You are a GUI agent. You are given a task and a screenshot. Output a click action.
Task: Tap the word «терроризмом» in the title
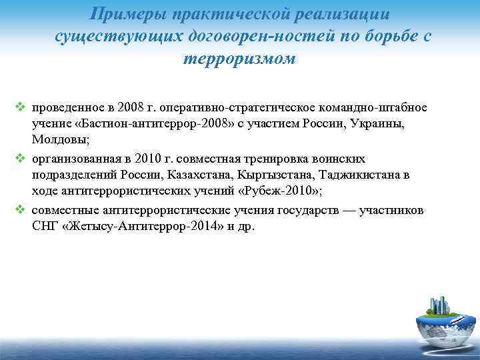tap(239, 59)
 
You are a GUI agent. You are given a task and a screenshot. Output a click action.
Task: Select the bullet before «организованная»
tap(20, 159)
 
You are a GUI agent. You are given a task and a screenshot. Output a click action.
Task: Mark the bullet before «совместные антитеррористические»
tap(20, 211)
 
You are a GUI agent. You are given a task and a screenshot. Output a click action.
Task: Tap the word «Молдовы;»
tap(57, 141)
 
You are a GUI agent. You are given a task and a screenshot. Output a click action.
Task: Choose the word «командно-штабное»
tap(378, 108)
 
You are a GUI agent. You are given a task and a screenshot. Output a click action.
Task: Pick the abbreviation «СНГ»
tap(44, 227)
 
